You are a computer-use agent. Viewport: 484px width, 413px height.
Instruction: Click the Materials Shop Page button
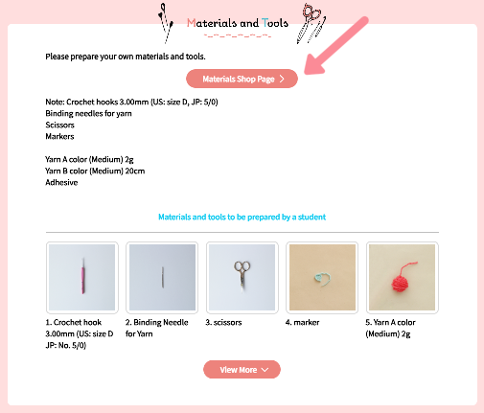tap(242, 79)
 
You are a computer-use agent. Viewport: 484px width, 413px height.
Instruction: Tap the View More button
tap(242, 370)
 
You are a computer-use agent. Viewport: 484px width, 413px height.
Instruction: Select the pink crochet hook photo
tap(82, 277)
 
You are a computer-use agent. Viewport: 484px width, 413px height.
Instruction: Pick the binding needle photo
tap(162, 277)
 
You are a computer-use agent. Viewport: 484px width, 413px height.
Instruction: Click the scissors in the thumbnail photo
tap(242, 276)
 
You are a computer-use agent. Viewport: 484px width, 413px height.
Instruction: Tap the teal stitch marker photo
tap(322, 277)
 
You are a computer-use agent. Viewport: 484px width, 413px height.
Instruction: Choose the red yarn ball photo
tap(403, 277)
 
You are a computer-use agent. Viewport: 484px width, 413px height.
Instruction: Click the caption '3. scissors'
tap(223, 322)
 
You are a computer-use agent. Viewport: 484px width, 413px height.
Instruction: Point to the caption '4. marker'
tap(302, 322)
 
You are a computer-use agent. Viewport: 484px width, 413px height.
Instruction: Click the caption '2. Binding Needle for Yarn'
tap(157, 328)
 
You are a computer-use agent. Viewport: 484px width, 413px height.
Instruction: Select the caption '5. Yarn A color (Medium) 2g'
tap(390, 328)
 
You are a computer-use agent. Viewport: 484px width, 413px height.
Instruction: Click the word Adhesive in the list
tap(61, 182)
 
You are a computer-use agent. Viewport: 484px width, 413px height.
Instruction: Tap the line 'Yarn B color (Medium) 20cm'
tap(95, 171)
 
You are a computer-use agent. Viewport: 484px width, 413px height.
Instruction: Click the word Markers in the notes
tap(59, 136)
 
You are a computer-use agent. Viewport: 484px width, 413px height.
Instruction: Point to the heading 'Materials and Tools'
tap(238, 23)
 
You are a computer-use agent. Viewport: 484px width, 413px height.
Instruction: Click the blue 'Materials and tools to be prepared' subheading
tap(242, 217)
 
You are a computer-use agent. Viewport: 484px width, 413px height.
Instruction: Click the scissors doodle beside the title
tap(311, 23)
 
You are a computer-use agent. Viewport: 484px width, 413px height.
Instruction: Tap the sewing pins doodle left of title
tap(166, 23)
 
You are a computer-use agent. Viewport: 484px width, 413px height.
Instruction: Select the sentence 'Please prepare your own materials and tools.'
tap(126, 57)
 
